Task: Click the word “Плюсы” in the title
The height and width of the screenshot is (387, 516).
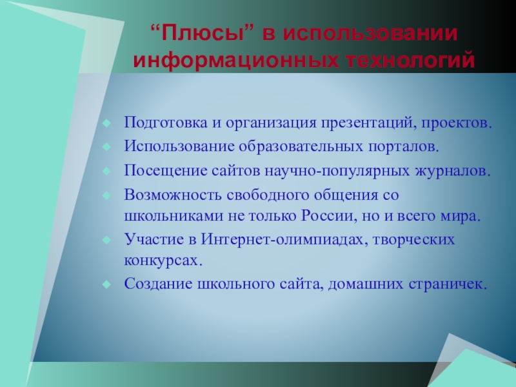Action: click(x=203, y=34)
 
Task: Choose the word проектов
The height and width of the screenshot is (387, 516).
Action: click(x=457, y=123)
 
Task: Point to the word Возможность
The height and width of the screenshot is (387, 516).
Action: click(x=173, y=195)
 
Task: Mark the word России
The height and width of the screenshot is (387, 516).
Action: click(x=329, y=216)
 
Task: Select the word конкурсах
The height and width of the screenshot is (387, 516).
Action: click(x=163, y=261)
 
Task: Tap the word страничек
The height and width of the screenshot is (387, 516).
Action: click(x=448, y=284)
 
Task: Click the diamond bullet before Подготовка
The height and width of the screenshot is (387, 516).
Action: click(x=106, y=123)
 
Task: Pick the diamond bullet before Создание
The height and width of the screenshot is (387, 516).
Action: click(x=106, y=284)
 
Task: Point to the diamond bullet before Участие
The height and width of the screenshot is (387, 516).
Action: click(x=106, y=240)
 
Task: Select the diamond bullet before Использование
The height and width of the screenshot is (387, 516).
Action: click(x=106, y=147)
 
